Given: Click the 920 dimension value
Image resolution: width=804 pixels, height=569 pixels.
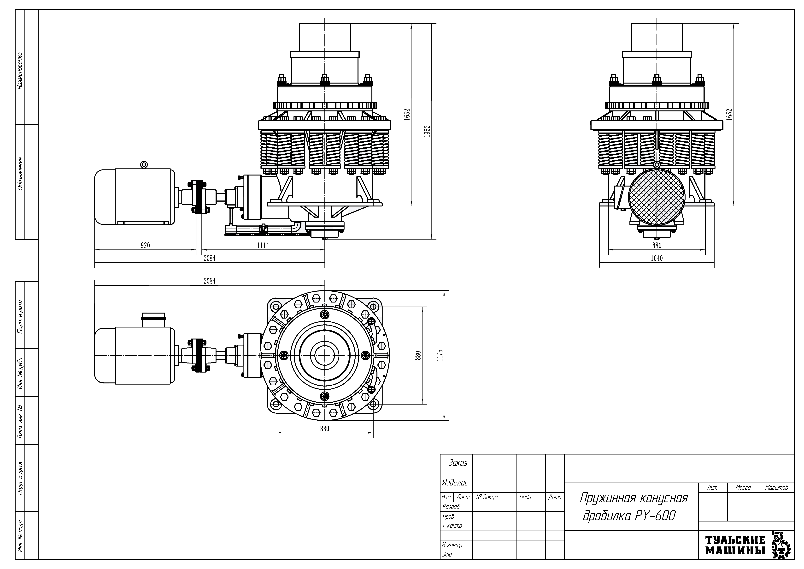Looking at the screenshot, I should coord(145,246).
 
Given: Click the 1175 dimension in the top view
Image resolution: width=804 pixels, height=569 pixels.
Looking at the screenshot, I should coord(440,355).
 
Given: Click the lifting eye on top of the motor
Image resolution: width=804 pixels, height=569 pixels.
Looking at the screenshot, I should coord(144,165).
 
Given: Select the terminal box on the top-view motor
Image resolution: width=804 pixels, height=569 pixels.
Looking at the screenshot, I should coord(153,320).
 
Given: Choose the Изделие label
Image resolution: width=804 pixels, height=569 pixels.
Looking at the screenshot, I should coord(455,483).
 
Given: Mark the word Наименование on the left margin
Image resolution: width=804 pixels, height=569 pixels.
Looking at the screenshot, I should coord(20,71).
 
